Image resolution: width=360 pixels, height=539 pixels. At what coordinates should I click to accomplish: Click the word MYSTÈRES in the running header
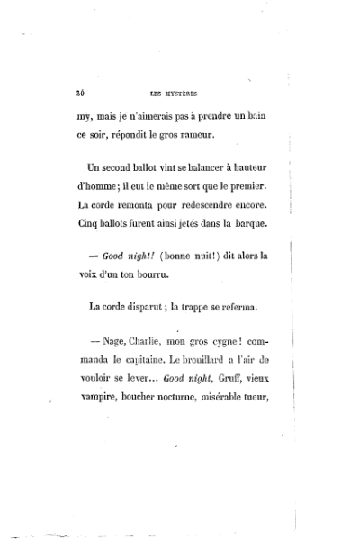[181, 91]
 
